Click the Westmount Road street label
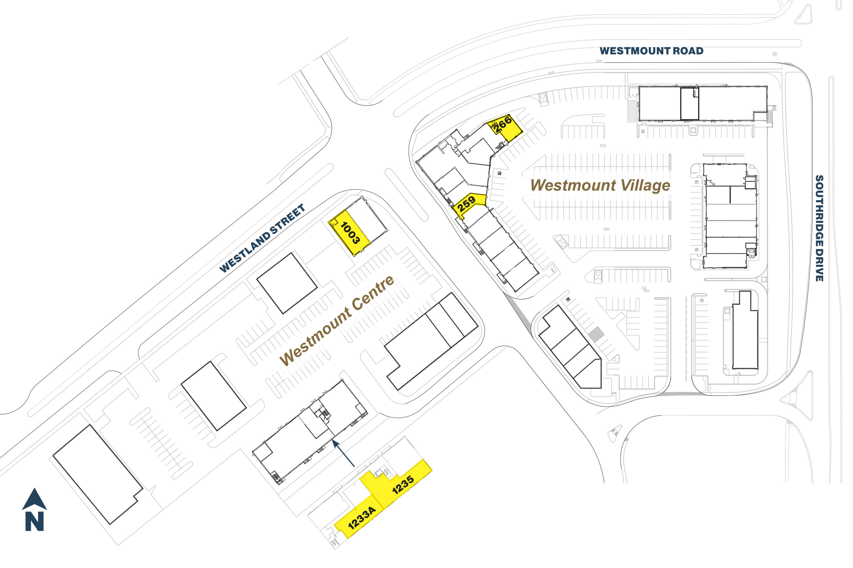click(651, 51)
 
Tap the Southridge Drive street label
click(819, 228)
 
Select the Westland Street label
click(262, 238)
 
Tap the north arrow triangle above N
click(34, 500)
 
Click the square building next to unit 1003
click(287, 283)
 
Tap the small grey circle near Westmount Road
click(775, 54)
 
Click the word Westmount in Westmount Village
click(573, 185)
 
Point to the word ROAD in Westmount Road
click(688, 51)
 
